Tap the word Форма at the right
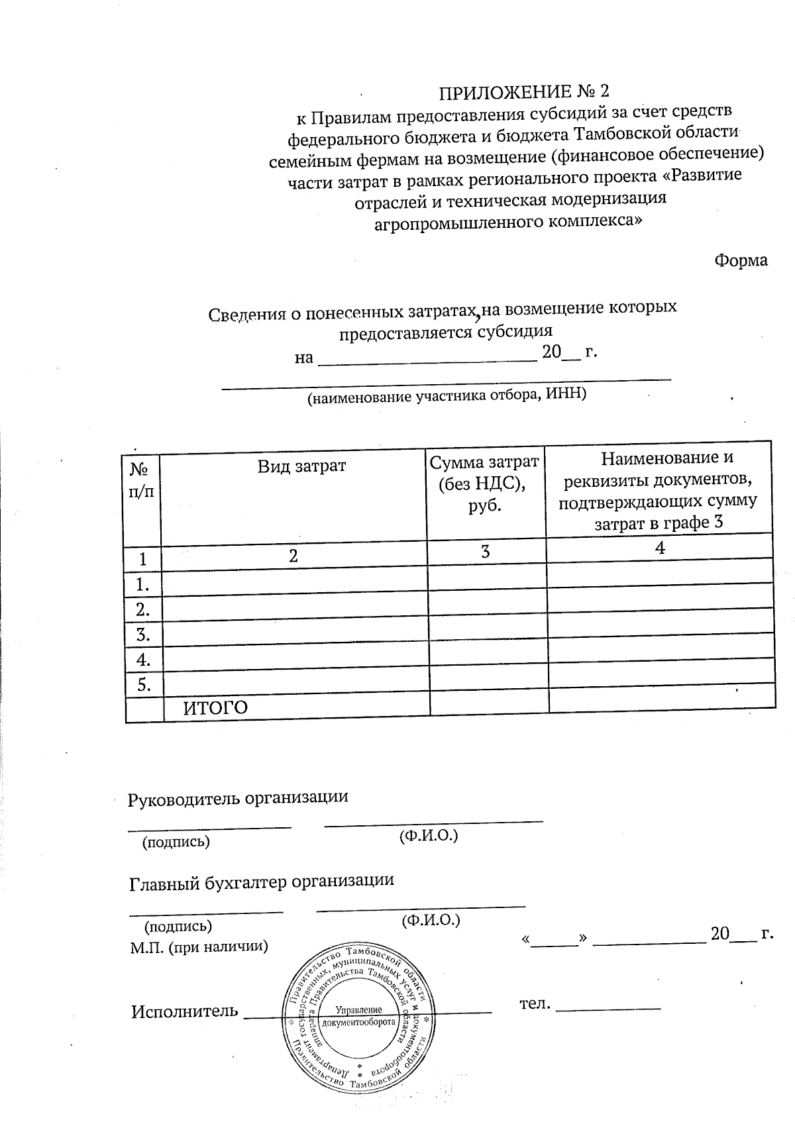(741, 260)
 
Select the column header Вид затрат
(301, 466)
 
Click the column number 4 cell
(659, 547)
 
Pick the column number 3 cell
(486, 552)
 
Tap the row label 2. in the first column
(143, 609)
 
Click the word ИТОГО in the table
(215, 708)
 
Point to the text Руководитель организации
(238, 797)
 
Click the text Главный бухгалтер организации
(262, 881)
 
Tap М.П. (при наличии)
(199, 946)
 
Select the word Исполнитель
(184, 1011)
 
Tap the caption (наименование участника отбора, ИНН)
(446, 395)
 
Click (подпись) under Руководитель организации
(176, 842)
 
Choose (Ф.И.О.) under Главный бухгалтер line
(431, 919)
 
